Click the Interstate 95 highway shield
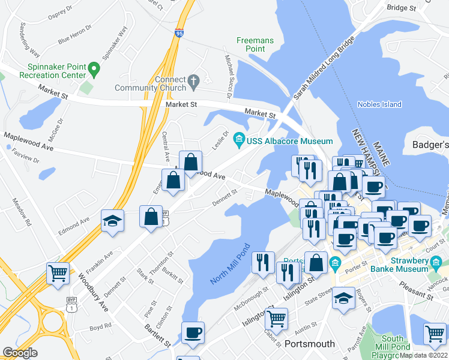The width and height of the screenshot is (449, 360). (179, 34)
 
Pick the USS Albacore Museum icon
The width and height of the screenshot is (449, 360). (240, 140)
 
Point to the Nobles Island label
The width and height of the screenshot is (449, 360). (379, 104)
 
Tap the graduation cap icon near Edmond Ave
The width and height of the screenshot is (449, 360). (112, 221)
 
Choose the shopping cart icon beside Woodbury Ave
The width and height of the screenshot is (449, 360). (58, 274)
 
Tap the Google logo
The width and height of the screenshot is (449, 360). (20, 353)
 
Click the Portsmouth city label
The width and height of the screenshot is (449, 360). (309, 344)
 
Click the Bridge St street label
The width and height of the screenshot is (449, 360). (402, 8)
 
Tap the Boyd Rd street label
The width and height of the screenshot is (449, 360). (100, 327)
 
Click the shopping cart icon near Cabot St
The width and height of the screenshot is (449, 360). (276, 319)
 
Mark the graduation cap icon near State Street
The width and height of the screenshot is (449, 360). (343, 299)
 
